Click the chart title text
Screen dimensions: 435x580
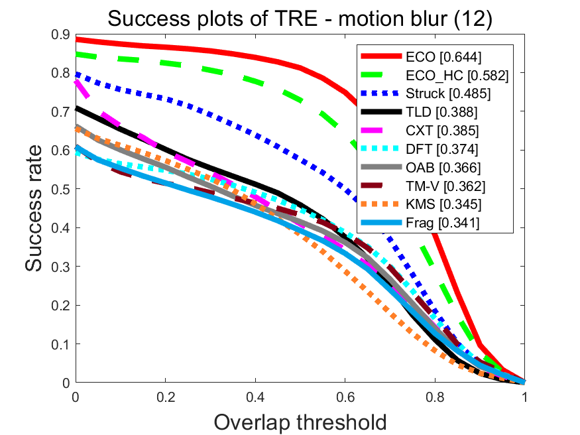[300, 19]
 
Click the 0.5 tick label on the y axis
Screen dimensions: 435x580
[60, 189]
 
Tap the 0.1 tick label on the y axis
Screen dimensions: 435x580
[60, 344]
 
